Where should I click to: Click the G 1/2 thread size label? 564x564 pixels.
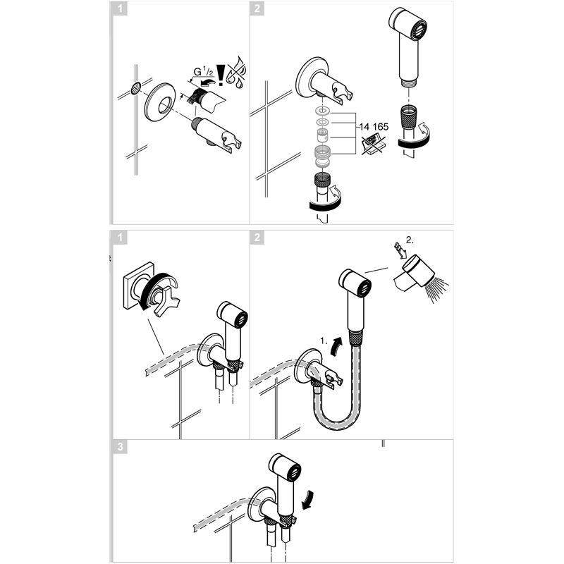click(203, 72)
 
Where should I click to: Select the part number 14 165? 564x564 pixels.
click(374, 127)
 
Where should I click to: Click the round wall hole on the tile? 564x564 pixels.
click(136, 87)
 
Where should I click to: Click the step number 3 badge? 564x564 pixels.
click(120, 447)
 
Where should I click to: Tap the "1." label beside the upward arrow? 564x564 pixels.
click(324, 341)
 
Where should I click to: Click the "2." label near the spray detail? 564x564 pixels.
click(410, 240)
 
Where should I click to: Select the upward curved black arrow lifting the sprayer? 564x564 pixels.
click(337, 346)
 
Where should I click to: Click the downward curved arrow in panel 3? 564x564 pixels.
click(308, 500)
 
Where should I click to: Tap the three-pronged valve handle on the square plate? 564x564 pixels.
click(166, 300)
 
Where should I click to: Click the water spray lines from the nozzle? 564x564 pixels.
click(436, 288)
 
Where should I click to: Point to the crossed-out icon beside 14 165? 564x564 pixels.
click(373, 145)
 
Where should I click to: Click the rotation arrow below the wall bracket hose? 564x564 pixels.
click(326, 199)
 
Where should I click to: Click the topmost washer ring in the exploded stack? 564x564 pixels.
click(323, 110)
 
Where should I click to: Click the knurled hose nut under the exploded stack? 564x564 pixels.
click(323, 179)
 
